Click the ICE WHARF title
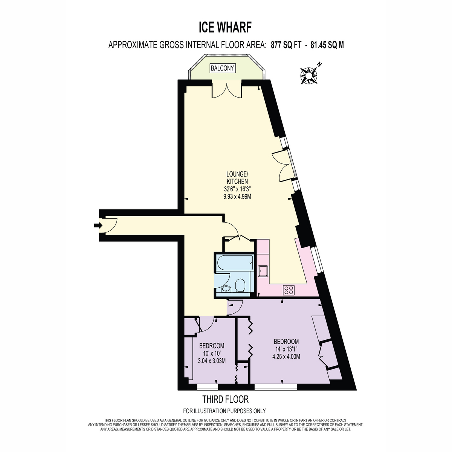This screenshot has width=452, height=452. pyautogui.click(x=225, y=27)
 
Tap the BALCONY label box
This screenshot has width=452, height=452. pyautogui.click(x=222, y=68)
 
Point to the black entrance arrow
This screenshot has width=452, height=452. pyautogui.click(x=98, y=225)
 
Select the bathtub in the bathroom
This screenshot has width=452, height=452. pyautogui.click(x=235, y=263)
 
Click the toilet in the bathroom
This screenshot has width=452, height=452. pyautogui.click(x=240, y=285)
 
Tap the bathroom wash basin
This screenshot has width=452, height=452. pyautogui.click(x=226, y=289)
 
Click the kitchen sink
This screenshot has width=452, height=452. pyautogui.click(x=263, y=271)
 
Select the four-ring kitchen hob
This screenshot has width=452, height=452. pyautogui.click(x=289, y=290)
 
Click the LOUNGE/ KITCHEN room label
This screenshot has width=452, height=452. pyautogui.click(x=237, y=177)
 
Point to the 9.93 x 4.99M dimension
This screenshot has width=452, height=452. pyautogui.click(x=237, y=197)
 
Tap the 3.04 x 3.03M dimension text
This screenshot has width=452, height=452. pyautogui.click(x=212, y=361)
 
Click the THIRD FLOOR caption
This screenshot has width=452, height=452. pyautogui.click(x=225, y=399)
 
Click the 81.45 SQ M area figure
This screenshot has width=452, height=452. pyautogui.click(x=327, y=45)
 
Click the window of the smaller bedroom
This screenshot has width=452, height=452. pyautogui.click(x=208, y=387)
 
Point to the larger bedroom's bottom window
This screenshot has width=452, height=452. pyautogui.click(x=276, y=387)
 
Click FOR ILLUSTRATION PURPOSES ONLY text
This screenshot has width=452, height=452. pyautogui.click(x=224, y=411)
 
